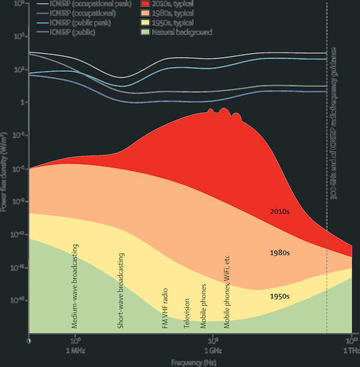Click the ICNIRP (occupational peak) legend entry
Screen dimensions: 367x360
(x=90, y=4)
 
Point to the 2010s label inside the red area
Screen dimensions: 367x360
(x=280, y=212)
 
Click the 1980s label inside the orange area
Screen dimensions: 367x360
(x=280, y=253)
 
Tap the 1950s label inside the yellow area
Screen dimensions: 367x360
(x=280, y=296)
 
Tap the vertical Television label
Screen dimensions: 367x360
(x=187, y=312)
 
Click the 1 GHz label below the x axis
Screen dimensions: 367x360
(x=210, y=349)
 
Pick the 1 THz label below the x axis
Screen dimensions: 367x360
(x=350, y=349)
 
